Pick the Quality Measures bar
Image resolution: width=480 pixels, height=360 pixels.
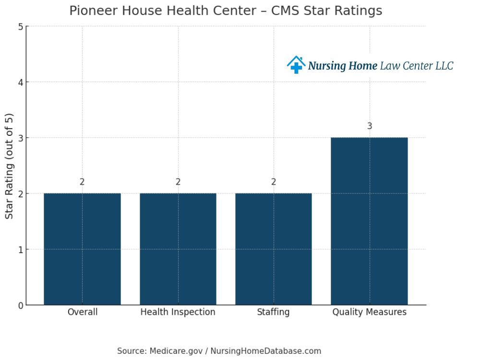[x=369, y=221]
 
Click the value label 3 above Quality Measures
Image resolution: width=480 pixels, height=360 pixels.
[x=370, y=126]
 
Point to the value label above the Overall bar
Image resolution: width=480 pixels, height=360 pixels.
[x=82, y=182]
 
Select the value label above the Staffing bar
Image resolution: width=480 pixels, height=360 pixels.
[x=274, y=182]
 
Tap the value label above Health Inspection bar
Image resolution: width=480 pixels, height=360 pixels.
[x=178, y=182]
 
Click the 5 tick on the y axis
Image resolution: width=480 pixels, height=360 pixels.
[x=21, y=27]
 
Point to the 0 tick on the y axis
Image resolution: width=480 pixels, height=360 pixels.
[x=21, y=305]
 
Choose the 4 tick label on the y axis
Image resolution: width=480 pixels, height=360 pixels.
[x=21, y=83]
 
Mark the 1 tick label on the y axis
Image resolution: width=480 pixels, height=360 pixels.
[x=21, y=250]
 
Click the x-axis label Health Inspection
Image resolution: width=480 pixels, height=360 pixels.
[x=178, y=312]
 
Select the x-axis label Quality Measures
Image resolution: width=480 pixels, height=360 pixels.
[x=369, y=312]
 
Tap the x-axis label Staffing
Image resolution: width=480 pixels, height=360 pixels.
[x=274, y=312]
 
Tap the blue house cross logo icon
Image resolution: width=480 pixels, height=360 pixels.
[x=296, y=65]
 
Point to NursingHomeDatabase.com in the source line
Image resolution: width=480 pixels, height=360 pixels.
[x=266, y=351]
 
